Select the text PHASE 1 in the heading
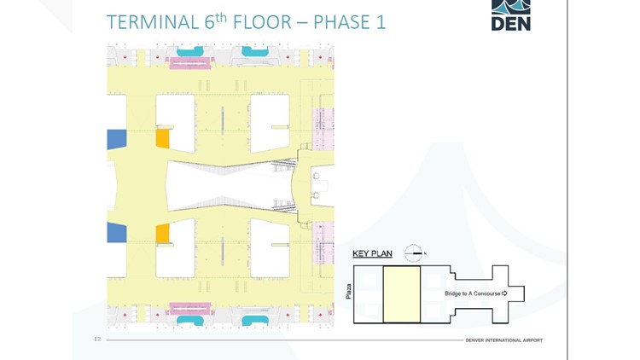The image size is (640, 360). pos(350,21)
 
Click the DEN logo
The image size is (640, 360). pos(510,15)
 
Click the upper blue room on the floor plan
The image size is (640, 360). pos(116,139)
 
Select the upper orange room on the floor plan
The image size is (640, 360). pos(162,139)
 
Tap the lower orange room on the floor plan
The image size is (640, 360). pos(162,233)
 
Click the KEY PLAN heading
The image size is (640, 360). pos(373,253)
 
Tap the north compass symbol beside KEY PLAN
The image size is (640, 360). pos(414,253)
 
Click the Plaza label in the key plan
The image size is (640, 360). pos(348,293)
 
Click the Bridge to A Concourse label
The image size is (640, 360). pos(473,293)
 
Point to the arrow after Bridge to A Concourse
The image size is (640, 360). pos(505,293)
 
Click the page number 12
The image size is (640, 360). pos(97,340)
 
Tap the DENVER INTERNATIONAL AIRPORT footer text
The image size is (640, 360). pos(503,340)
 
